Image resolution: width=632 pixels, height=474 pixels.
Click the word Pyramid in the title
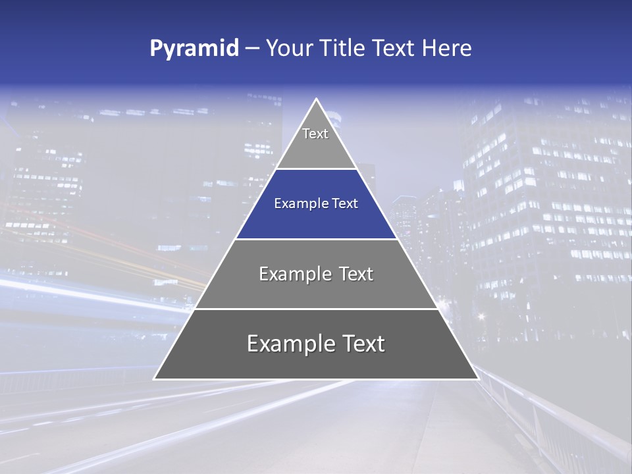click(194, 49)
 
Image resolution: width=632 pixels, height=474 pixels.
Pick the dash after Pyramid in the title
click(251, 49)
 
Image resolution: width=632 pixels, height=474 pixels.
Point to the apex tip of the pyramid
click(316, 99)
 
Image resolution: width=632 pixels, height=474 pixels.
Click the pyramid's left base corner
click(155, 379)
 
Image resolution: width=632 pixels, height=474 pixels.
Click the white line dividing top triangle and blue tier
click(316, 169)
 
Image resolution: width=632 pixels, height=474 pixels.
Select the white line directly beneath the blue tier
click(316, 239)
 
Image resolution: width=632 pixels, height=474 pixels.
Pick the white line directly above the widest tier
click(316, 309)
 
